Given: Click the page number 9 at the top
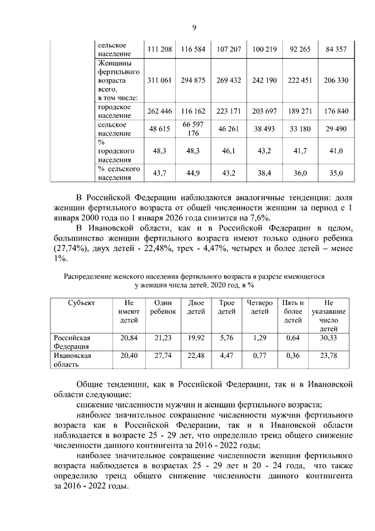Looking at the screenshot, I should tap(194, 27).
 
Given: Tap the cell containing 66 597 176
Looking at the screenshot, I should tap(193, 129).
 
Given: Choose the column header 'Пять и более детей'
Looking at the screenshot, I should tap(293, 312).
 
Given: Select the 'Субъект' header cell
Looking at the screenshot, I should tap(79, 303).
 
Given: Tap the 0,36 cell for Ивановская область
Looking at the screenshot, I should tap(293, 356).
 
